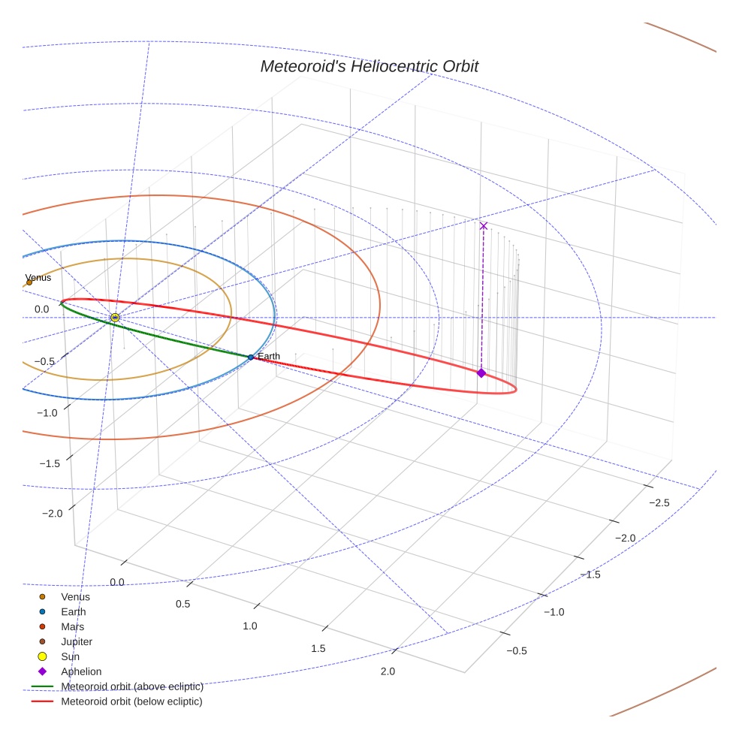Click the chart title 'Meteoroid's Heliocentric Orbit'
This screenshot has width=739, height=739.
pyautogui.click(x=369, y=66)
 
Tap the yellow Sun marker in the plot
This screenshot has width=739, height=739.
pyautogui.click(x=115, y=318)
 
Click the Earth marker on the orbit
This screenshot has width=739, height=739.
pyautogui.click(x=251, y=357)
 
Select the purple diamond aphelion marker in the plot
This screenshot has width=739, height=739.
pyautogui.click(x=481, y=373)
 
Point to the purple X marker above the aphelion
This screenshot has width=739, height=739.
pyautogui.click(x=484, y=225)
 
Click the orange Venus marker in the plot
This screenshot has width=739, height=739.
pyautogui.click(x=29, y=282)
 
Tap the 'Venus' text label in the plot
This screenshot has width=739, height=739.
pyautogui.click(x=38, y=277)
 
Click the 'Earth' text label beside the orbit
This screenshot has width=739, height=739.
pyautogui.click(x=269, y=356)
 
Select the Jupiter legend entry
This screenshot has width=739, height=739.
pyautogui.click(x=76, y=641)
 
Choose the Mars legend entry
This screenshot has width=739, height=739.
pyautogui.click(x=72, y=626)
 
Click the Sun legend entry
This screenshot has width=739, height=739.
pyautogui.click(x=70, y=656)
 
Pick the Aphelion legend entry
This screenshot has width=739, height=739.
pyautogui.click(x=80, y=671)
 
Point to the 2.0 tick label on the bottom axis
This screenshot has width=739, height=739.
pyautogui.click(x=388, y=671)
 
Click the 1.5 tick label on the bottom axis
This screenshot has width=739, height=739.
pyautogui.click(x=318, y=648)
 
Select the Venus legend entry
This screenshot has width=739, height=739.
pyautogui.click(x=75, y=596)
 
